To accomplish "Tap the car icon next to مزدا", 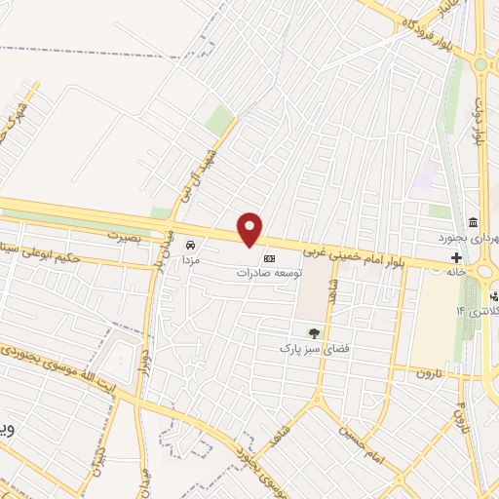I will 191,245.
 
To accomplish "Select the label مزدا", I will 191,260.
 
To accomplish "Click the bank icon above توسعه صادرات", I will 269,258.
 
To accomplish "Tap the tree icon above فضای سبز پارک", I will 313,331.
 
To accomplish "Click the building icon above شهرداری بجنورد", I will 473,221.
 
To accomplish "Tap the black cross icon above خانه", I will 456,257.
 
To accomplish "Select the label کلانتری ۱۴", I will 477,310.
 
